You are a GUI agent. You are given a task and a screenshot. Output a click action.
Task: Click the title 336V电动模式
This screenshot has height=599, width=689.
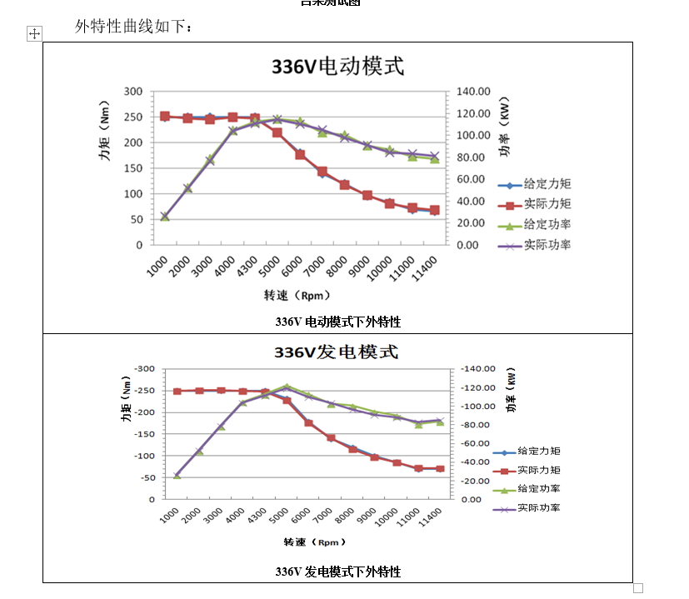(337, 66)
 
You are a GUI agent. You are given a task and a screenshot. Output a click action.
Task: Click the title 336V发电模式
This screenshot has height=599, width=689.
(337, 352)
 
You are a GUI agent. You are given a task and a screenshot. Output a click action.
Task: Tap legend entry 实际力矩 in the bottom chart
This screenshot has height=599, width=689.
(538, 470)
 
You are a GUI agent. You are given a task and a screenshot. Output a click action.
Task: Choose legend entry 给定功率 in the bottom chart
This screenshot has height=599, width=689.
(538, 489)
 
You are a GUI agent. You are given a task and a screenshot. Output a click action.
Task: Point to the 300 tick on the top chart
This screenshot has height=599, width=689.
(133, 91)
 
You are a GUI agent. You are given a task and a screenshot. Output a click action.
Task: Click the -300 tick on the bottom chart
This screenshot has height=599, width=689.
(145, 368)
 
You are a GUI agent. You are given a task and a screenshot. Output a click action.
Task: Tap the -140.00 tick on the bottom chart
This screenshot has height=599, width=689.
(478, 368)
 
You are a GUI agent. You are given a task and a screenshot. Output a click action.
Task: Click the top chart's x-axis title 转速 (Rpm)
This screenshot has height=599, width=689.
(297, 295)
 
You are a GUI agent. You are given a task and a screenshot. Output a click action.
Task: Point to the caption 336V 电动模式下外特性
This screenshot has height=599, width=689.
(337, 321)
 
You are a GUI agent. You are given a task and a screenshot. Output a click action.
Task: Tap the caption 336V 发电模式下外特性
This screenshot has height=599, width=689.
(337, 572)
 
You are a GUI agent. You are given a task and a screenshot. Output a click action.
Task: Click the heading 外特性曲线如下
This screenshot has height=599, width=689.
(134, 27)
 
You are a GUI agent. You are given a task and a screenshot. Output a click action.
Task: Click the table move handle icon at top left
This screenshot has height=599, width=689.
(34, 33)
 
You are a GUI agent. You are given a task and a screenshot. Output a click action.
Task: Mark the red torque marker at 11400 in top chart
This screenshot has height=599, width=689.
(434, 210)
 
